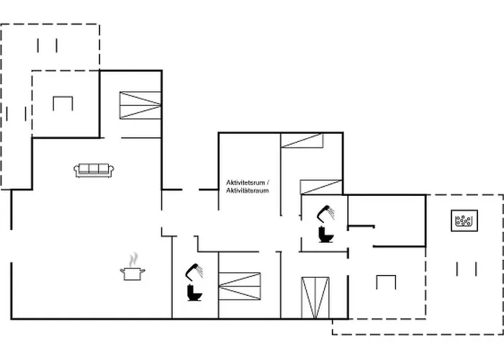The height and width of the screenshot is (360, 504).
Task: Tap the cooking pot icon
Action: tap(132, 273)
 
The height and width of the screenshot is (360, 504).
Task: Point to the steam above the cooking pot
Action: tap(132, 258)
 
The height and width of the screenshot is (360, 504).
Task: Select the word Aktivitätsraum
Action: tap(247, 191)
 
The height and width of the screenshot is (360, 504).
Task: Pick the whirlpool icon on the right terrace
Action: tap(464, 220)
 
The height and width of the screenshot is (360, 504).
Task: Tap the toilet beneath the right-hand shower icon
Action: tap(323, 235)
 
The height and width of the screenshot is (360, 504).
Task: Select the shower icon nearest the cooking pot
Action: tap(194, 271)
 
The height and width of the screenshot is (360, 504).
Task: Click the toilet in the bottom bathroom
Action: tap(193, 292)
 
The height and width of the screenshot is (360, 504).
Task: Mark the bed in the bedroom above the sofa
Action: tap(140, 105)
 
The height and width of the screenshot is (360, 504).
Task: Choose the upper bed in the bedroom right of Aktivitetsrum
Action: tap(301, 140)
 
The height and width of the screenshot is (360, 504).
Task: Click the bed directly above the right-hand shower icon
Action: tap(320, 186)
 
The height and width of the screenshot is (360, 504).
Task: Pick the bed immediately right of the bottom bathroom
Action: tap(239, 285)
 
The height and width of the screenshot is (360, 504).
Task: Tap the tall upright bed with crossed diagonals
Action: tap(315, 297)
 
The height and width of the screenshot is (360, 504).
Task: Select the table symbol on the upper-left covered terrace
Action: tap(63, 103)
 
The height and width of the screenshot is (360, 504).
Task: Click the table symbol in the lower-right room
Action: tap(386, 282)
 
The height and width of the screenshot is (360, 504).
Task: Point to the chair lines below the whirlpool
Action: tap(467, 269)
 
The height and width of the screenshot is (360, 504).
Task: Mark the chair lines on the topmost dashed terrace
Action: tap(47, 45)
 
